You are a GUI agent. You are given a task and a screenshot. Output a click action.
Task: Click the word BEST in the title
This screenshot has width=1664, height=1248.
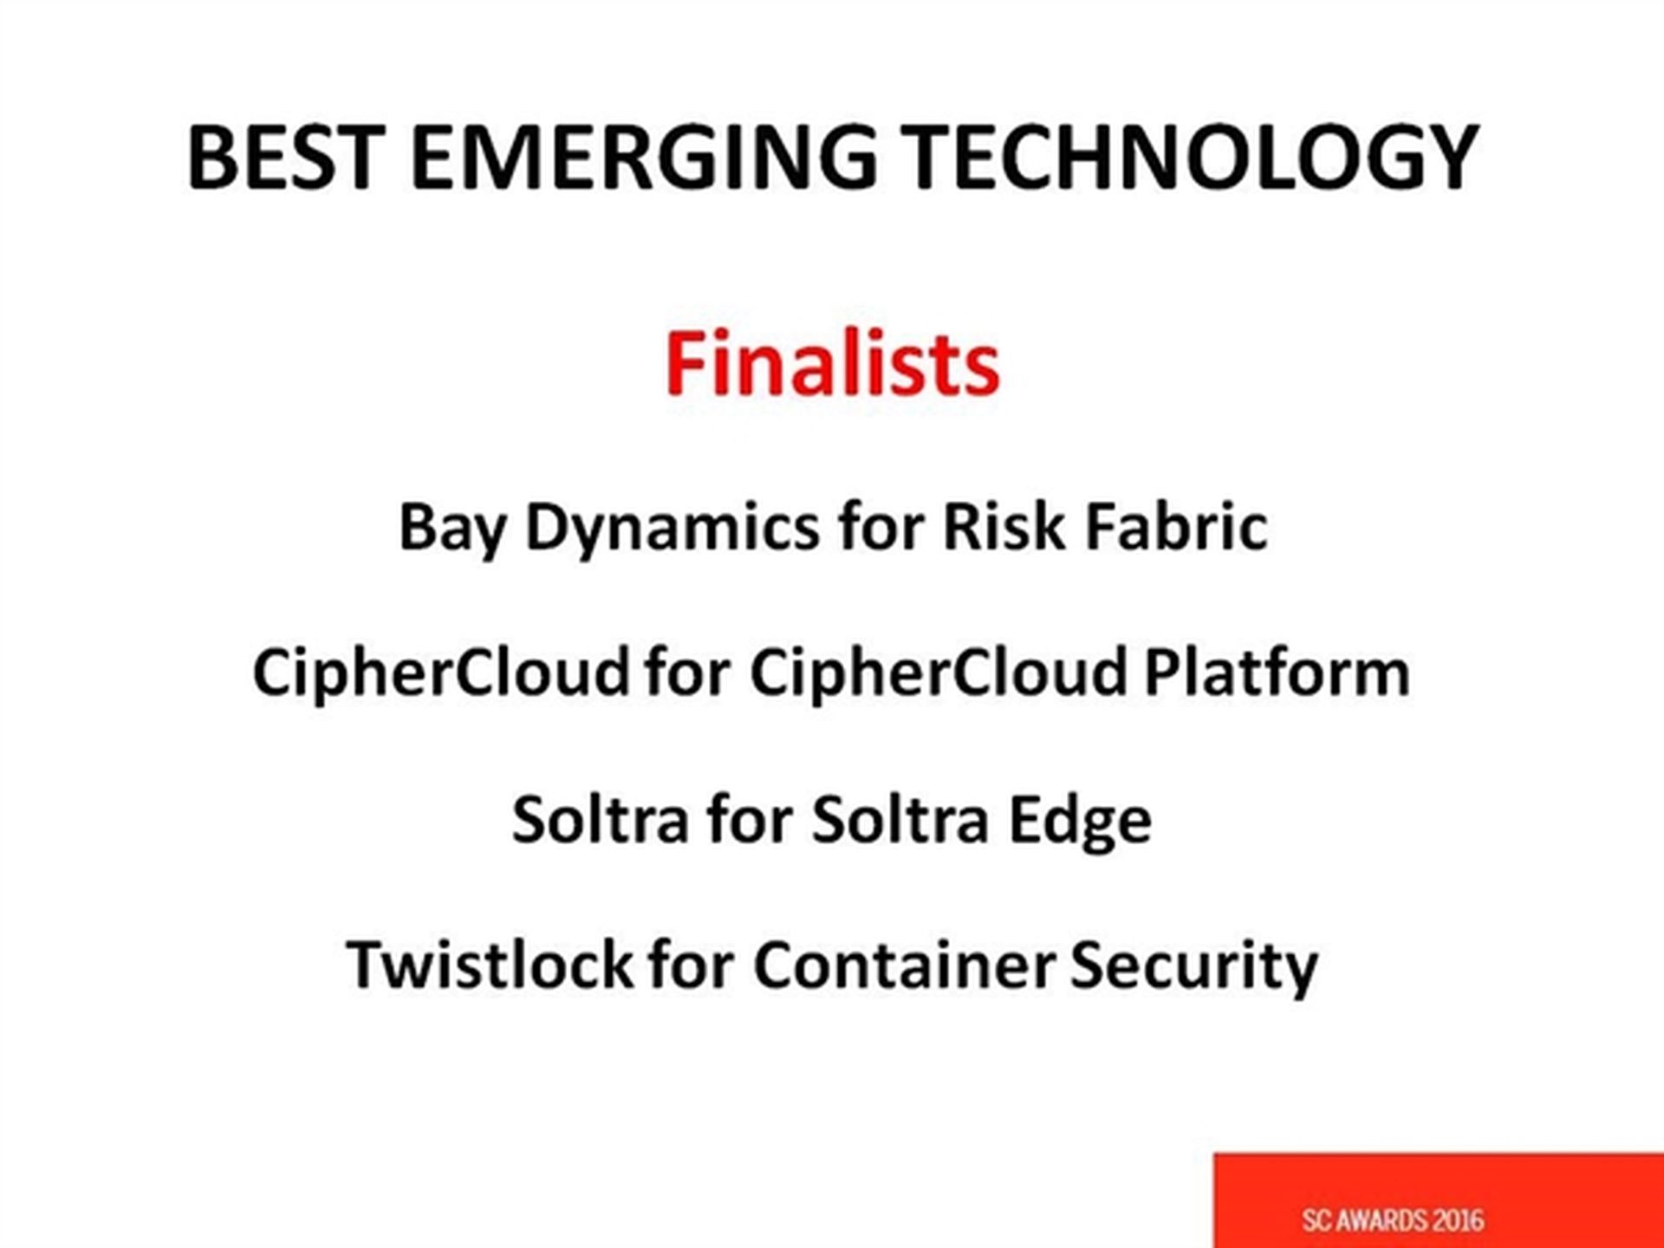[287, 157]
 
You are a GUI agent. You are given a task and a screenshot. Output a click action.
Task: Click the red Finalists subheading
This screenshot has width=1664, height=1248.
[832, 363]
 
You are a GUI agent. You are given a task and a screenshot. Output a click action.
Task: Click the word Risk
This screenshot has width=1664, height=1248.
[1004, 526]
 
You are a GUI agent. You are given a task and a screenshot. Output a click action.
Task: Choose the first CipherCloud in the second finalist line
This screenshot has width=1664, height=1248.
[441, 673]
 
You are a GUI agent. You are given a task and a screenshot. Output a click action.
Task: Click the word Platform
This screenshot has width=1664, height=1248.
[1277, 673]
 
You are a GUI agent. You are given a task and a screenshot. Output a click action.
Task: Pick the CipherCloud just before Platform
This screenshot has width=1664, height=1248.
[939, 673]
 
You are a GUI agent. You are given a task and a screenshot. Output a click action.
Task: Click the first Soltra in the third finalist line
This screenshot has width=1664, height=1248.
[601, 819]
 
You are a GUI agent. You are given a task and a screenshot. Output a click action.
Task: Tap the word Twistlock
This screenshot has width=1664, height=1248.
[489, 965]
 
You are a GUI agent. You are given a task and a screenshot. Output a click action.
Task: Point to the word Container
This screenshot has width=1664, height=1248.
[904, 965]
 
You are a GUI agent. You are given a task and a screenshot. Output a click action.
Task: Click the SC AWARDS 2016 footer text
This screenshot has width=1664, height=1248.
[1393, 1220]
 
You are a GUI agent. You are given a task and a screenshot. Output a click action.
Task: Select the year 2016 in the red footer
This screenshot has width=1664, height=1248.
[1458, 1220]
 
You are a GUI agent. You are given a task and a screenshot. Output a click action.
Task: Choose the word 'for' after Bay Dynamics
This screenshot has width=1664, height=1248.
[881, 526]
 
